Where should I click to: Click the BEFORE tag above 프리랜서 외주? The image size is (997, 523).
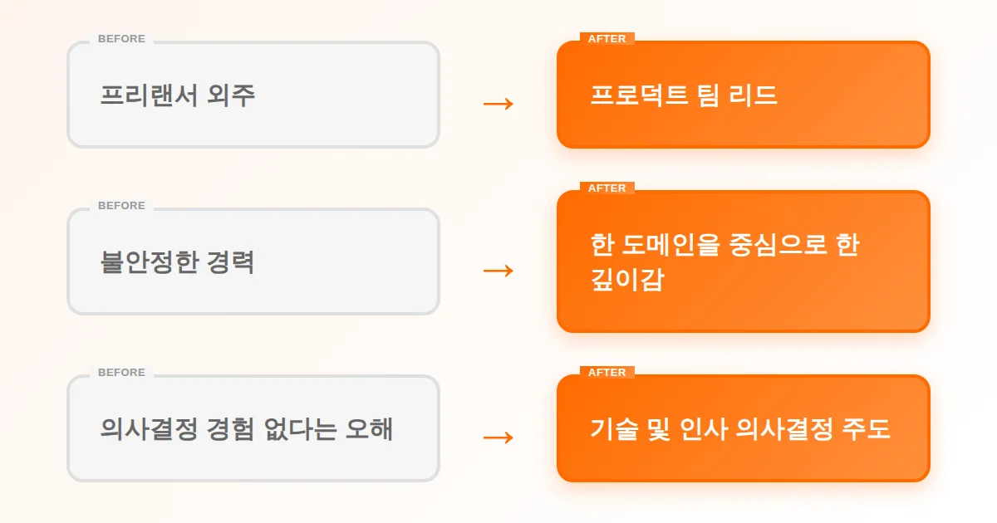click(121, 39)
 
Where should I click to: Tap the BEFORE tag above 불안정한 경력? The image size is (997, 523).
click(121, 206)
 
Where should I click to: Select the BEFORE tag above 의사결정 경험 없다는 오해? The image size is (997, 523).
click(121, 373)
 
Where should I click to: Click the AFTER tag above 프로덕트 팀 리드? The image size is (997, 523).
click(607, 39)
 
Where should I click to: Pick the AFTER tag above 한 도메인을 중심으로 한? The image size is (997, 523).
click(607, 188)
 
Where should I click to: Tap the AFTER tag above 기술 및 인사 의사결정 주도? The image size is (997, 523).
click(607, 373)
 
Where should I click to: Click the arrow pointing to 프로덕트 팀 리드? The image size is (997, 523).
click(498, 104)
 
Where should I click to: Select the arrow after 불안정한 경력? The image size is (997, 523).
click(498, 271)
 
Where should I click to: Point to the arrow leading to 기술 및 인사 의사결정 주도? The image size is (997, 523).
click(498, 437)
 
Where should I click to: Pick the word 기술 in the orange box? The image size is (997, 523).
click(609, 429)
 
